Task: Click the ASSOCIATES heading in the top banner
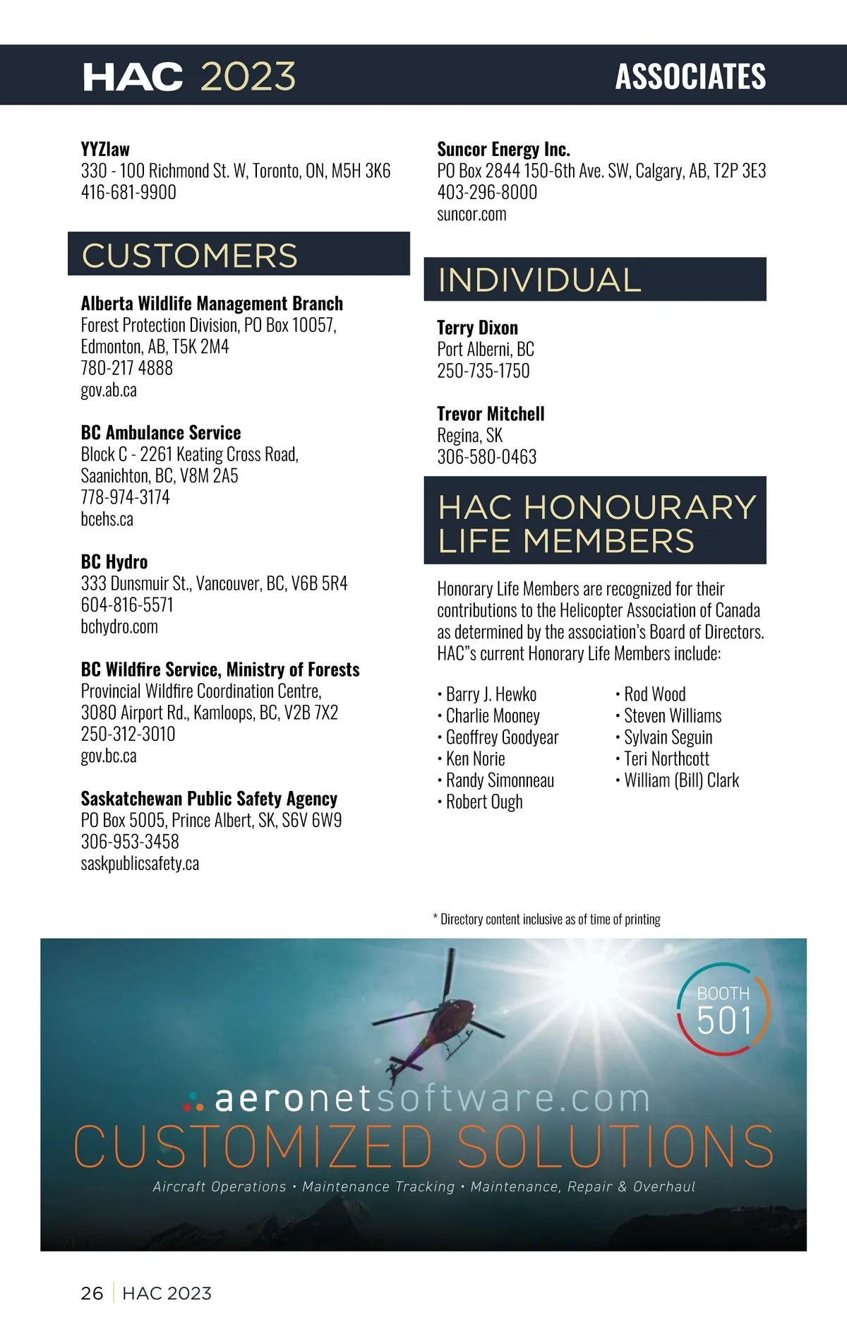click(690, 76)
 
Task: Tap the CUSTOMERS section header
click(190, 255)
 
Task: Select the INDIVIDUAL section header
click(539, 280)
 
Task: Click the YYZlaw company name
click(105, 149)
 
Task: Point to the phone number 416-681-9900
click(128, 192)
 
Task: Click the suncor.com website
click(471, 214)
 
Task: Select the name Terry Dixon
click(477, 328)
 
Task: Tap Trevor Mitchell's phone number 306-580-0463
click(486, 457)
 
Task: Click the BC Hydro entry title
click(114, 561)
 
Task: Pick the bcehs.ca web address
click(107, 519)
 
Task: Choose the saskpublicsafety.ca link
click(140, 863)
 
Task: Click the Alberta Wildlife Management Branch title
click(212, 304)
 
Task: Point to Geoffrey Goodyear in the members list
click(502, 737)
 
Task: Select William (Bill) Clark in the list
click(681, 780)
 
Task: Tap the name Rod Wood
click(654, 694)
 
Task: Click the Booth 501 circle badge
click(723, 1009)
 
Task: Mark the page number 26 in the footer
click(92, 1293)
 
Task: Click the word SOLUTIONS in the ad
click(615, 1146)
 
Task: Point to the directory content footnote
click(547, 919)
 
